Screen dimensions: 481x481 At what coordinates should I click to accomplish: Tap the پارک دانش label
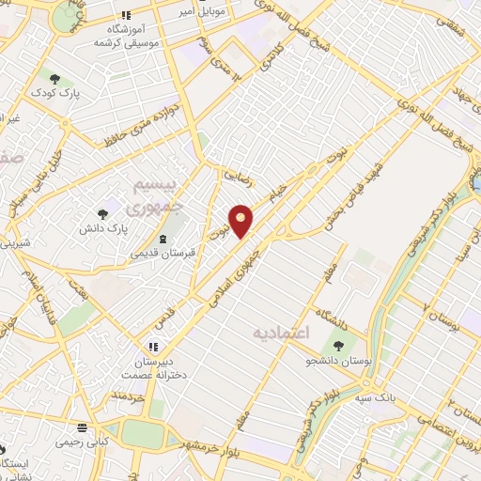click(x=102, y=227)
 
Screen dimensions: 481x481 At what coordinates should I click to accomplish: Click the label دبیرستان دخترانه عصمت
click(x=152, y=366)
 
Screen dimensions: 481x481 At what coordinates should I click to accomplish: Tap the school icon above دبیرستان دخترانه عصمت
click(x=153, y=346)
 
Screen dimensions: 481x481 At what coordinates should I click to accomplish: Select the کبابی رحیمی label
click(x=82, y=440)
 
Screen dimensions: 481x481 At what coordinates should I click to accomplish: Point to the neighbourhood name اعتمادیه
click(x=281, y=333)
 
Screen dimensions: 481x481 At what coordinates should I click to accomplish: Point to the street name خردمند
click(x=131, y=399)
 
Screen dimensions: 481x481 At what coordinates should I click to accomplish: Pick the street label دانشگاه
click(x=334, y=314)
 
